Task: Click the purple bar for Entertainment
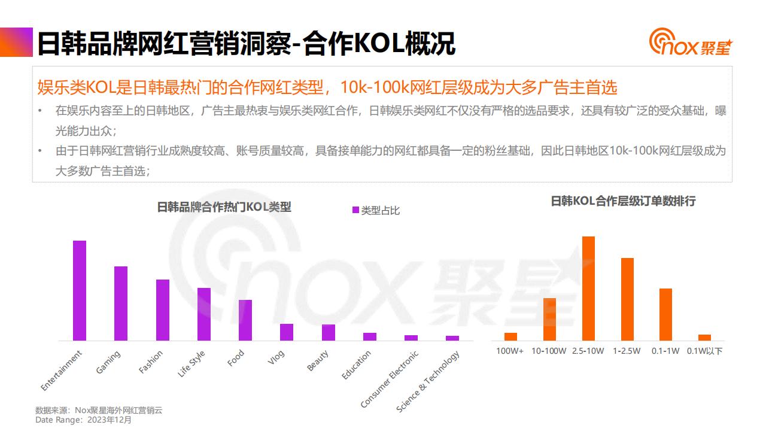pyautogui.click(x=80, y=290)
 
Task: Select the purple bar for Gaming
pyautogui.click(x=121, y=303)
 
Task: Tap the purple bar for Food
pyautogui.click(x=245, y=320)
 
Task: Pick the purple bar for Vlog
pyautogui.click(x=287, y=332)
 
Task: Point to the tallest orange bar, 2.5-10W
pyautogui.click(x=588, y=289)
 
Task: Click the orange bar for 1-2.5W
pyautogui.click(x=627, y=299)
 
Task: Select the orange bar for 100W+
pyautogui.click(x=510, y=336)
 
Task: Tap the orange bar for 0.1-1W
pyautogui.click(x=665, y=314)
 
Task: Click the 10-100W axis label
pyautogui.click(x=549, y=351)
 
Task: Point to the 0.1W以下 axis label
pyautogui.click(x=705, y=351)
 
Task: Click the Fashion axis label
pyautogui.click(x=151, y=362)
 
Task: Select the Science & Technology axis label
pyautogui.click(x=428, y=381)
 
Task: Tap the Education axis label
pyautogui.click(x=357, y=365)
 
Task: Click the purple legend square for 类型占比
pyautogui.click(x=355, y=210)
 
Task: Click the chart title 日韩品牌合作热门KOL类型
pyautogui.click(x=224, y=207)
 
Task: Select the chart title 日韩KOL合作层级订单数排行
pyautogui.click(x=623, y=201)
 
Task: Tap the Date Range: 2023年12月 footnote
pyautogui.click(x=83, y=420)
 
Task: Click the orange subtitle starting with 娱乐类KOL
pyautogui.click(x=327, y=87)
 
